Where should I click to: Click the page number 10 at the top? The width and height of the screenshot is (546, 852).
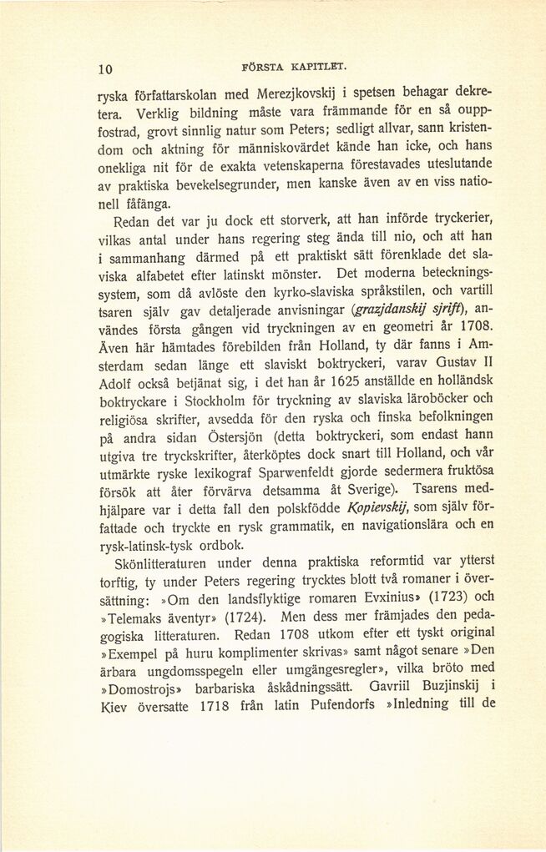(x=105, y=69)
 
